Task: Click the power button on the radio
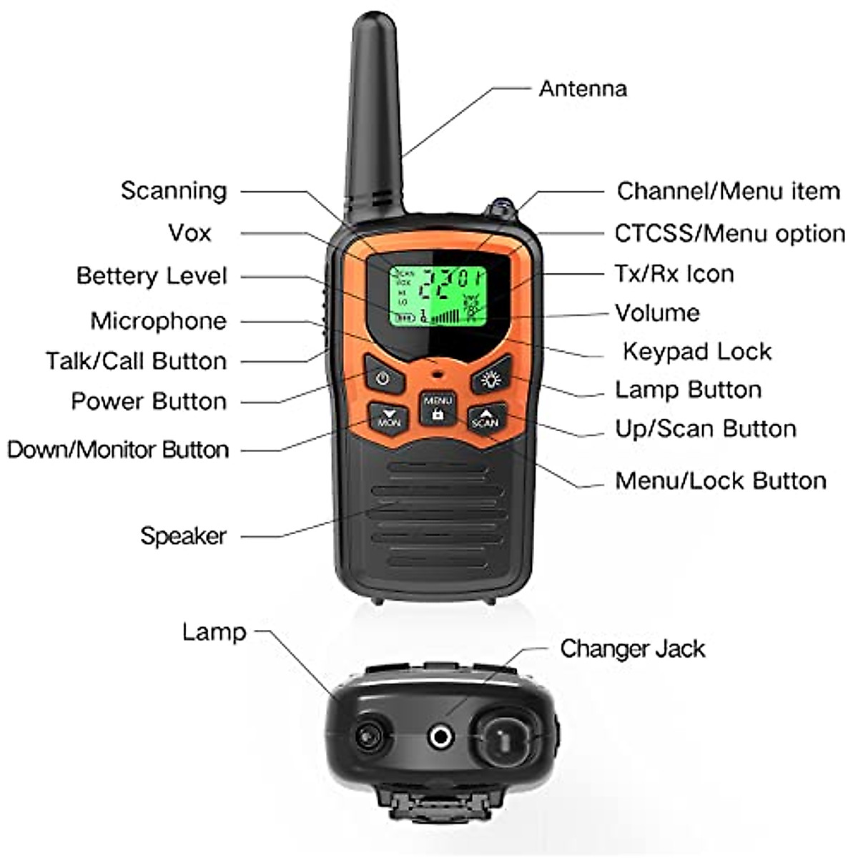[383, 378]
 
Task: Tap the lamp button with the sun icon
[490, 379]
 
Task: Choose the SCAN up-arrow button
[485, 418]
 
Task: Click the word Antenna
[583, 89]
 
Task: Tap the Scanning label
[174, 191]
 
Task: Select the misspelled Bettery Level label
[152, 276]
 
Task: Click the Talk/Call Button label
[137, 361]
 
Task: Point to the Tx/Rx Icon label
[674, 274]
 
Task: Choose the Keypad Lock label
[697, 352]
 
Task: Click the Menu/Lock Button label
[721, 480]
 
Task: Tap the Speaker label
[183, 536]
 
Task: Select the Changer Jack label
[632, 649]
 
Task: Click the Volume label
[657, 312]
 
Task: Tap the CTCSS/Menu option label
[729, 234]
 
